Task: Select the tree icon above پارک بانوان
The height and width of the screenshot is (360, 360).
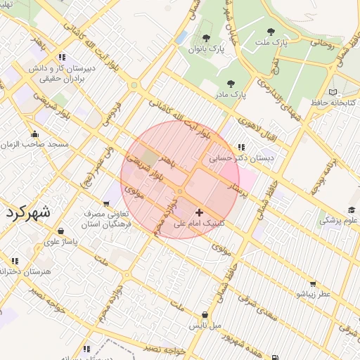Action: coord(205,38)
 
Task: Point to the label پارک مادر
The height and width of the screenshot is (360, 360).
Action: coord(231,93)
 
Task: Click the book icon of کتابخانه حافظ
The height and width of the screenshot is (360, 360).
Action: coord(333,92)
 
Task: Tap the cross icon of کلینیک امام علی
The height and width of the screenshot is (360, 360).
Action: coord(199,212)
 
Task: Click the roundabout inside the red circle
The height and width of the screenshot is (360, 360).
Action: coord(180,191)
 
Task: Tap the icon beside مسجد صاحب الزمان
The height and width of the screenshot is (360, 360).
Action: coord(34,134)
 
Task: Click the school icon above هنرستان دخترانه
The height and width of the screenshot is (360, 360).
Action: coord(15,261)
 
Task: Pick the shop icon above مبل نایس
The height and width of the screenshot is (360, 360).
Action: coord(205,315)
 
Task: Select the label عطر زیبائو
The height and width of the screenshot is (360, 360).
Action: coord(313,294)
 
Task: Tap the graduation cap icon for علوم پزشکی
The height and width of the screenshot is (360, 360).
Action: coord(351,210)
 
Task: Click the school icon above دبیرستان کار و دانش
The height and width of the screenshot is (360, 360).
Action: coord(63,57)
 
